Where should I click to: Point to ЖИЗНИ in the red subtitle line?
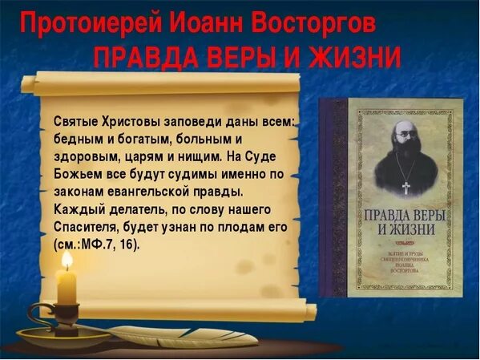(353, 57)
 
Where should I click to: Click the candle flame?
(67, 261)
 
